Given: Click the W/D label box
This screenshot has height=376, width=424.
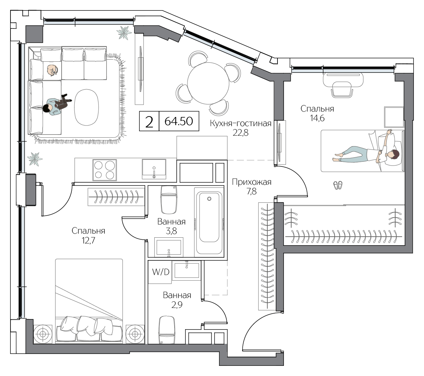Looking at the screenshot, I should click(x=160, y=272).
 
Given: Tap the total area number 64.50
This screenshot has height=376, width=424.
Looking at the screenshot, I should click(x=179, y=121).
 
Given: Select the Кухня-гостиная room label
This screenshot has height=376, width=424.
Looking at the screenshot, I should click(x=241, y=123).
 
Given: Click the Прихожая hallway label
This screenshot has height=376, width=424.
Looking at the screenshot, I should click(x=251, y=182).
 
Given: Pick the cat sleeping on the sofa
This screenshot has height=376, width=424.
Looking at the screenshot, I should click(x=52, y=70).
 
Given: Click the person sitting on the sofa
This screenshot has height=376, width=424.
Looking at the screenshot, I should click(x=56, y=105).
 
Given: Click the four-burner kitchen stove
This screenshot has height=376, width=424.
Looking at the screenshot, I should click(x=104, y=170).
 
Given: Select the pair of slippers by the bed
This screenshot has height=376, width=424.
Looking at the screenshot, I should click(x=338, y=185).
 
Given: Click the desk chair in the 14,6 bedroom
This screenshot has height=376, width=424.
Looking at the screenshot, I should click(x=342, y=89).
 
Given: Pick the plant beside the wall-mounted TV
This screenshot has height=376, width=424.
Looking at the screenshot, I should click(x=124, y=33).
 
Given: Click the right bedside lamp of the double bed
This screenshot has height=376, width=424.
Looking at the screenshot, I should click(x=135, y=334).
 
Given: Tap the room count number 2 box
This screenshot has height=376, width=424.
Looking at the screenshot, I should click(x=149, y=121).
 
